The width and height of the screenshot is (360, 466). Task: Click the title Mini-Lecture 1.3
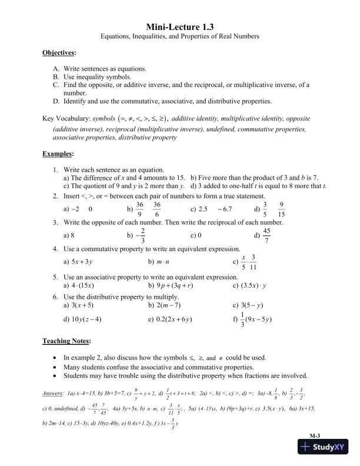tap(179, 26)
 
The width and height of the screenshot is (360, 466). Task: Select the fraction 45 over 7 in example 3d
tap(266, 235)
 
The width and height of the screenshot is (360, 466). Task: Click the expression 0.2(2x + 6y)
tap(171, 319)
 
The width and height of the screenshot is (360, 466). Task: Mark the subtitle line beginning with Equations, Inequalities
tap(179, 36)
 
